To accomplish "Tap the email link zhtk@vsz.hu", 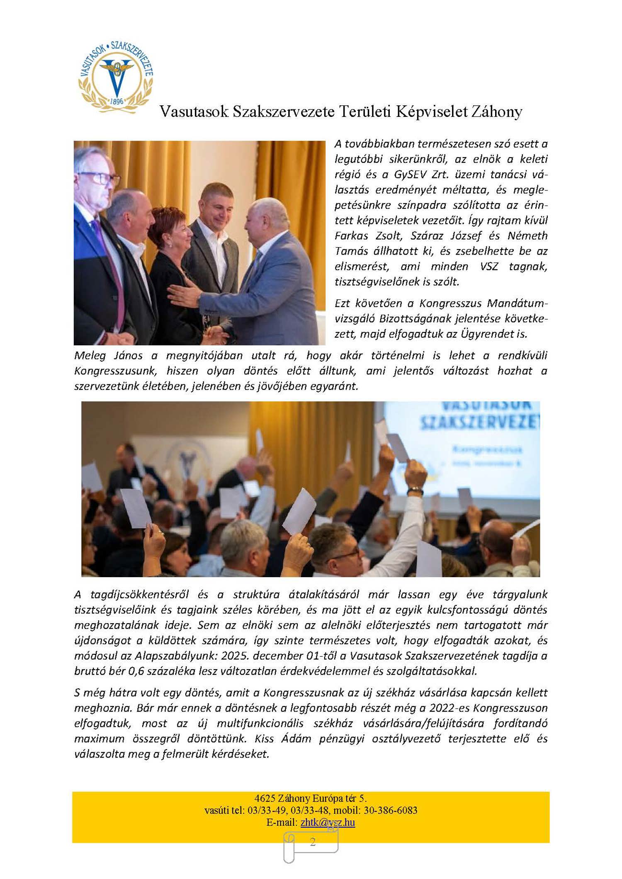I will point(328,822).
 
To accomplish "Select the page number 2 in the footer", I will point(312,841).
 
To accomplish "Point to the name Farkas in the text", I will point(351,236).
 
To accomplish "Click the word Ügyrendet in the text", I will point(481,334).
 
